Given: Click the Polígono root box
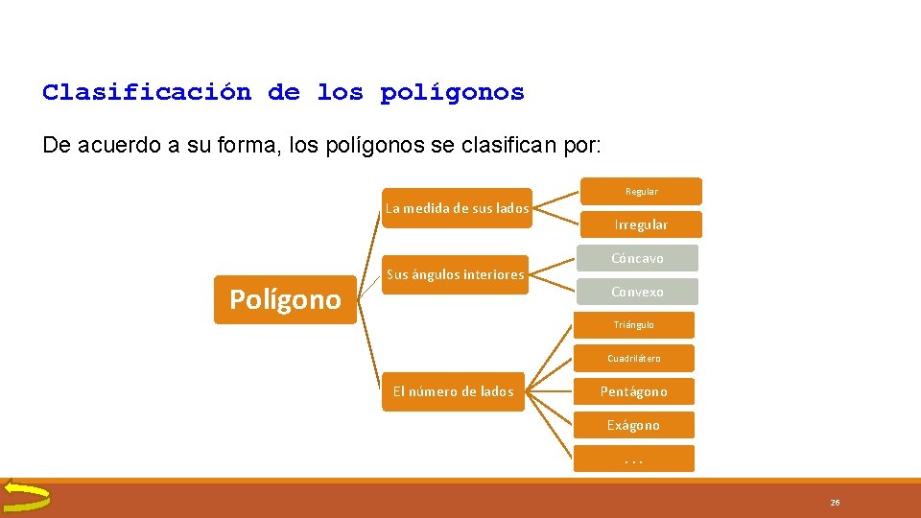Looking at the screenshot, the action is (285, 300).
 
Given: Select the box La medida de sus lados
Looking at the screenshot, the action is (456, 208).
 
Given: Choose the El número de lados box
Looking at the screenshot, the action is (453, 391).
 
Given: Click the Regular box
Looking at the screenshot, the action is (642, 192).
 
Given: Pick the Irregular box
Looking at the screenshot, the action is (641, 224).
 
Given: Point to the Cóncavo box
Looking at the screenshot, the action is (638, 258).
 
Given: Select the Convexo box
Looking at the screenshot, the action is (638, 292).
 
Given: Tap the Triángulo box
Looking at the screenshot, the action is (633, 325).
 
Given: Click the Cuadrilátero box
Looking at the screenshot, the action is (633, 359).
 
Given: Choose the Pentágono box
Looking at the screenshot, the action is (633, 391).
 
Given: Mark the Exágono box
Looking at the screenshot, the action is (633, 425).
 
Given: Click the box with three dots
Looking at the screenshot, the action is (633, 459).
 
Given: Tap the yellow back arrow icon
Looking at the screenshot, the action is (26, 496).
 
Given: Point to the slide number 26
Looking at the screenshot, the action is (835, 503).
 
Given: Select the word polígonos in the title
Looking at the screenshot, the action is (452, 93).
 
